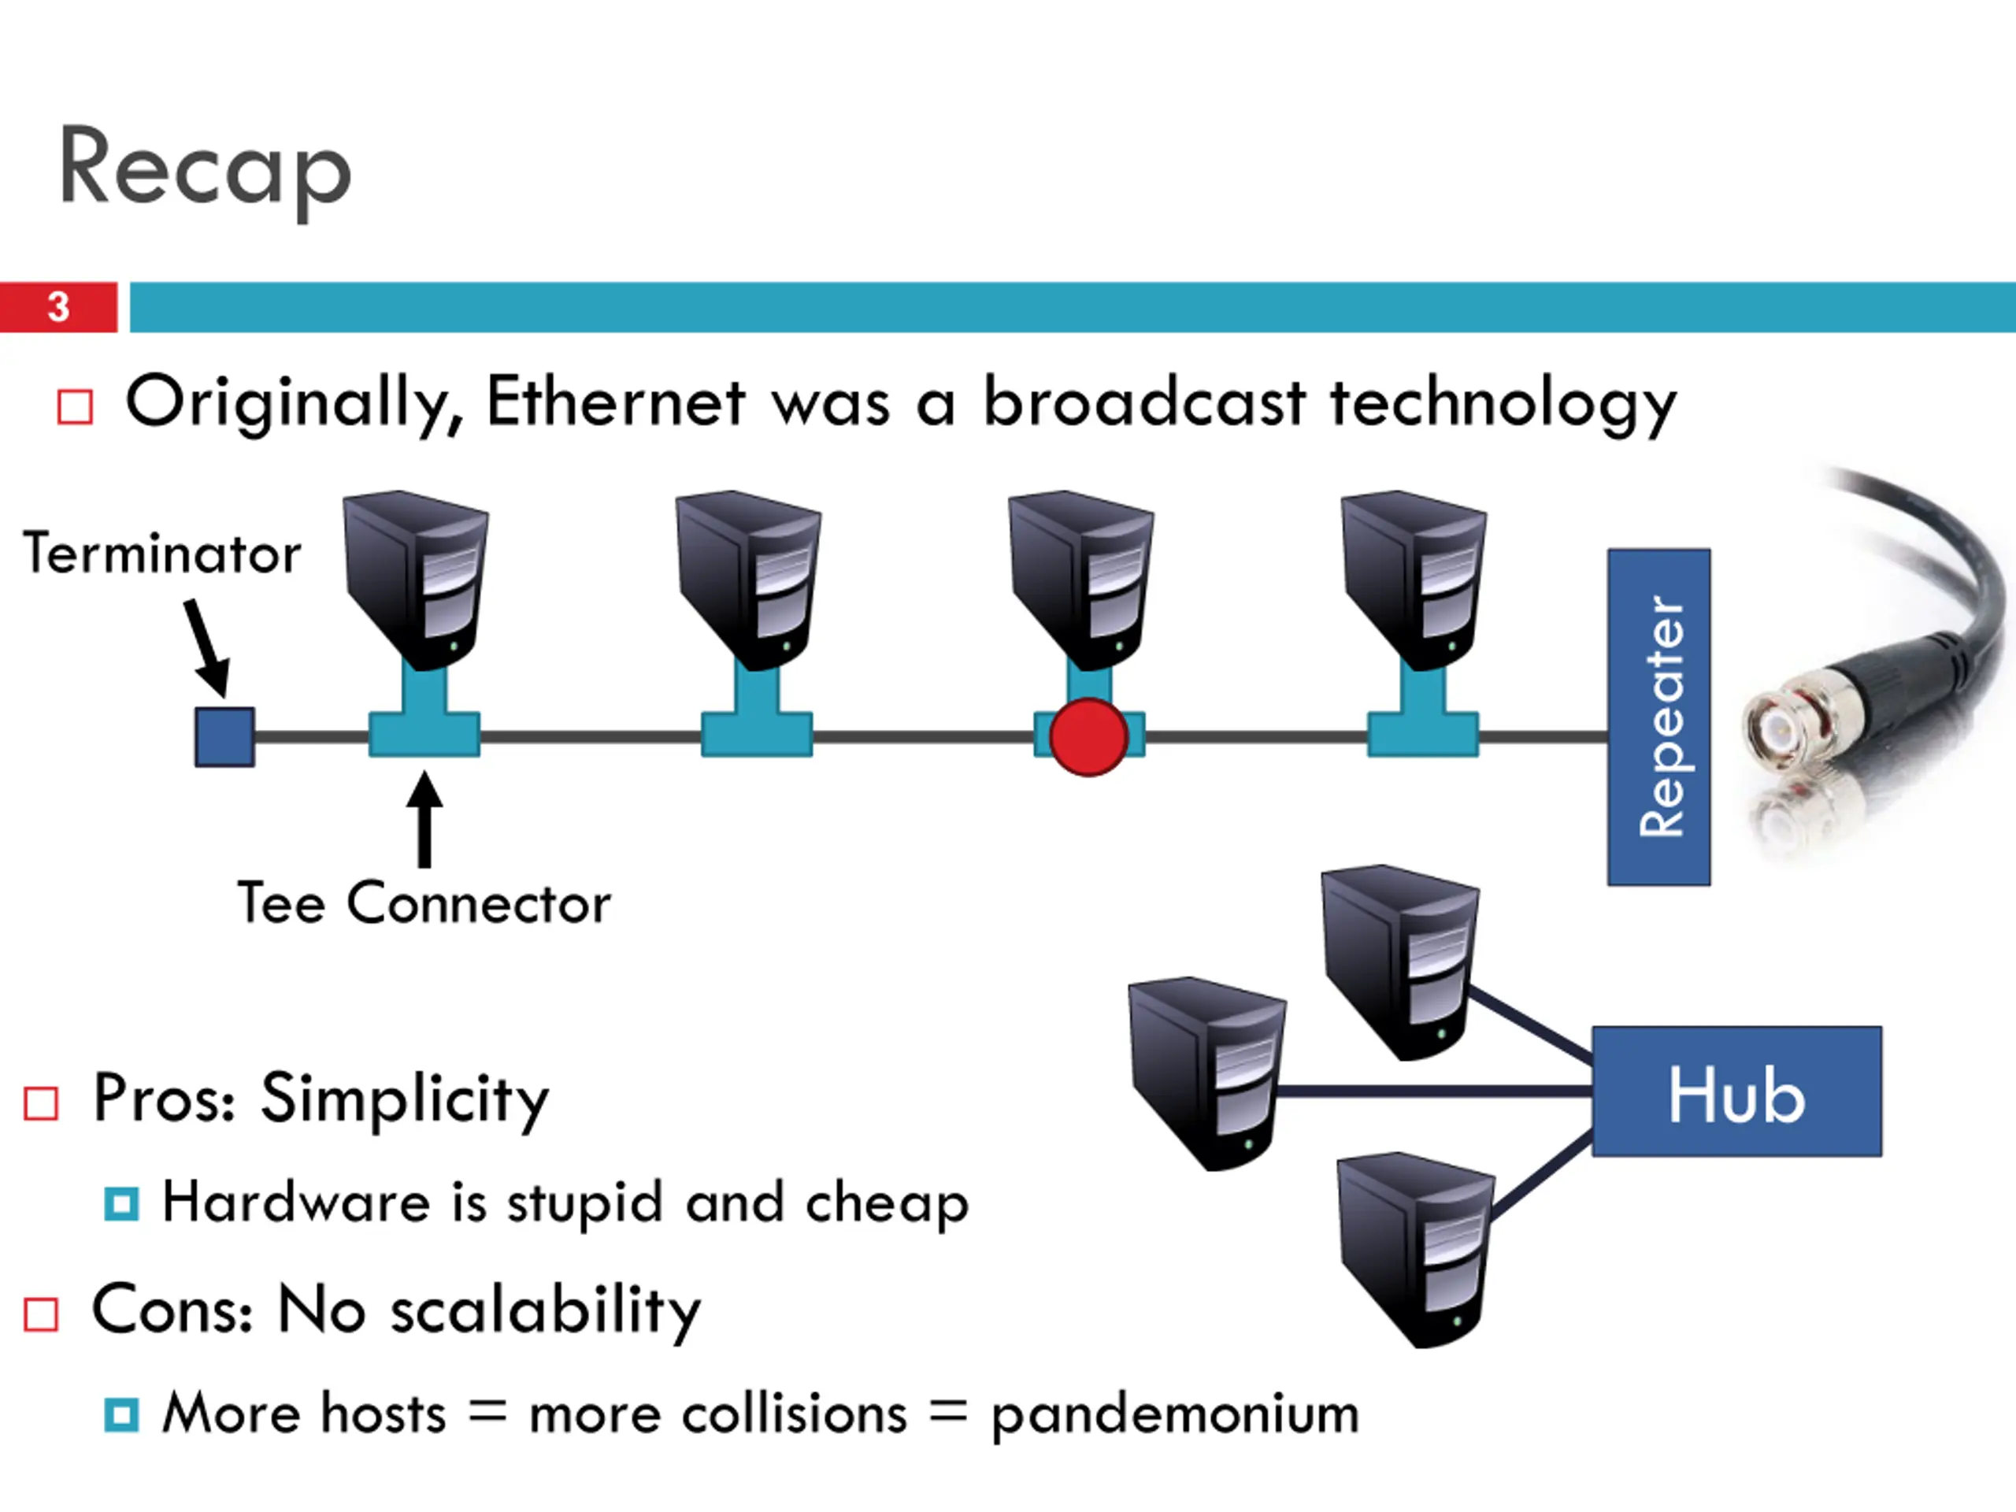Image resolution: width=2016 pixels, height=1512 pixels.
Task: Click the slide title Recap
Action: [x=205, y=169]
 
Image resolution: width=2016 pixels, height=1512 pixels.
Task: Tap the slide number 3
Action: [x=58, y=307]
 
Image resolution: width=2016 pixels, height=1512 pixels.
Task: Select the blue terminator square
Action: [x=225, y=736]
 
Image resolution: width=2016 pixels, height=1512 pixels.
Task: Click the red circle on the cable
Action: [x=1088, y=737]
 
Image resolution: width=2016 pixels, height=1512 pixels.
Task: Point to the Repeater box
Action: [x=1658, y=717]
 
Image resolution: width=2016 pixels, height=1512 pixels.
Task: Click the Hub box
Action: [x=1736, y=1091]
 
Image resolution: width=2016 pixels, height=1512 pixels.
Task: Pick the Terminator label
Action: [x=162, y=553]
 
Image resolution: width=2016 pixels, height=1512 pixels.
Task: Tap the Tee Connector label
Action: [x=424, y=903]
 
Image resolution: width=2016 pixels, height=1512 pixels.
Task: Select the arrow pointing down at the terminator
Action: [x=207, y=648]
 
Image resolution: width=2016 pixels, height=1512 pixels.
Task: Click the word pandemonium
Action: [x=1175, y=1414]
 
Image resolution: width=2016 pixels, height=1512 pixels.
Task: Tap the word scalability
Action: [x=545, y=1310]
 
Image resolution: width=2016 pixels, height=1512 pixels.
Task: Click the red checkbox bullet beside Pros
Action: [x=42, y=1102]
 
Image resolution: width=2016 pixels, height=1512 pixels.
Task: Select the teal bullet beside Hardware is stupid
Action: [x=121, y=1203]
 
